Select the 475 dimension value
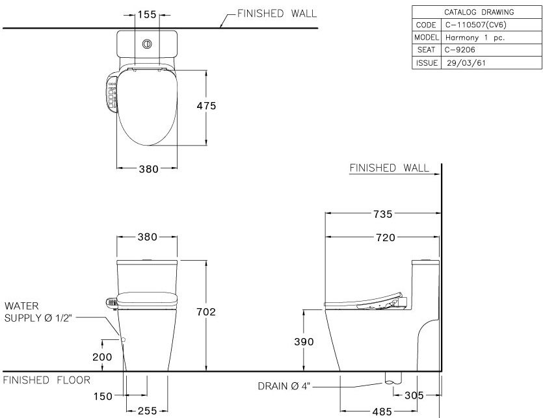[x=207, y=106]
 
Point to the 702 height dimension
[x=206, y=312]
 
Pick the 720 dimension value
[x=384, y=238]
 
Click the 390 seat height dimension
[x=304, y=342]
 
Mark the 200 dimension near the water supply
[x=102, y=357]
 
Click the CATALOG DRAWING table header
[x=478, y=12]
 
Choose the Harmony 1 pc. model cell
[x=476, y=38]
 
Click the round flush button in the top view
[x=146, y=45]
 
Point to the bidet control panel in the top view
[x=113, y=94]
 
